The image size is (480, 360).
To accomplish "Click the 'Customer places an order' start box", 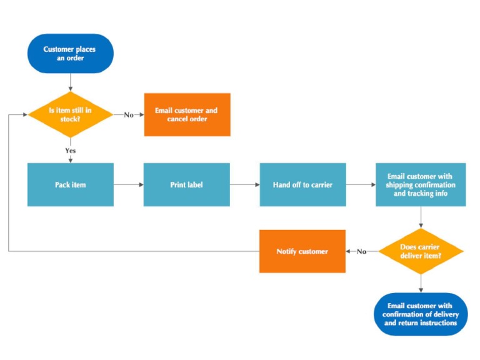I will [71, 54].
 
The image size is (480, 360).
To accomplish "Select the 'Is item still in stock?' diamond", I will [71, 114].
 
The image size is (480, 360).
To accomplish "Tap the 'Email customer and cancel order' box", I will [187, 114].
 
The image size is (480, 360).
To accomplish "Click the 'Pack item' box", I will [71, 185].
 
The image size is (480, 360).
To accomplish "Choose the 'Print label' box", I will [187, 185].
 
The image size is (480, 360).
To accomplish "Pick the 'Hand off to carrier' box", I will [302, 185].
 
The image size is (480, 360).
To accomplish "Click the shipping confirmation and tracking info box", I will [421, 185].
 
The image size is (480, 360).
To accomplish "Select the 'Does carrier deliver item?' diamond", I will [421, 251].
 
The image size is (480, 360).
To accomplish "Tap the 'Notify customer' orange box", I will [302, 251].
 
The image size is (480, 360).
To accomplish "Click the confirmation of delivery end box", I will [421, 314].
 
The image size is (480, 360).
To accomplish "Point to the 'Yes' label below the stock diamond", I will [71, 150].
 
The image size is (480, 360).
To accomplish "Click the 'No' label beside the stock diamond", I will [129, 114].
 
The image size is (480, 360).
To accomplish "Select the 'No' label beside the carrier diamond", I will [362, 251].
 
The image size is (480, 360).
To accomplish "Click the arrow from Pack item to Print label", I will [129, 185].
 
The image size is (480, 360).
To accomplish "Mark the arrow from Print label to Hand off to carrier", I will [245, 185].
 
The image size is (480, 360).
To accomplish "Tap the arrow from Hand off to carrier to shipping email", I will [361, 185].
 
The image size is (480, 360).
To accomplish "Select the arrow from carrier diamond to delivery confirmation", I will [421, 283].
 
